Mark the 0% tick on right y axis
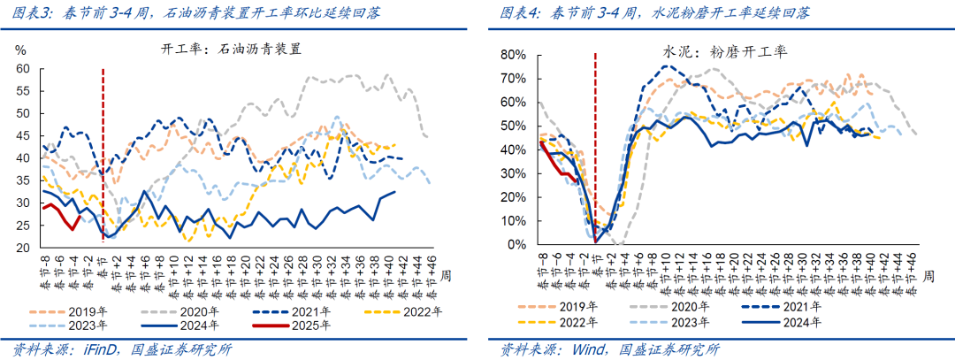point(518,244)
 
